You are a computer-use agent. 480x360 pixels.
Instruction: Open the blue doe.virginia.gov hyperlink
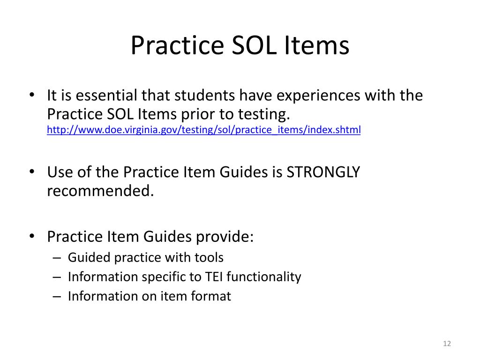204,130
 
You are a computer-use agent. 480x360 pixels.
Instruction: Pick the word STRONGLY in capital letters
323,172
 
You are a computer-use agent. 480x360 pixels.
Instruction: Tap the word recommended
100,191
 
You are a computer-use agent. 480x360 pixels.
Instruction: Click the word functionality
264,277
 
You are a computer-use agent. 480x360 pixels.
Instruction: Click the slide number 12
446,344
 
